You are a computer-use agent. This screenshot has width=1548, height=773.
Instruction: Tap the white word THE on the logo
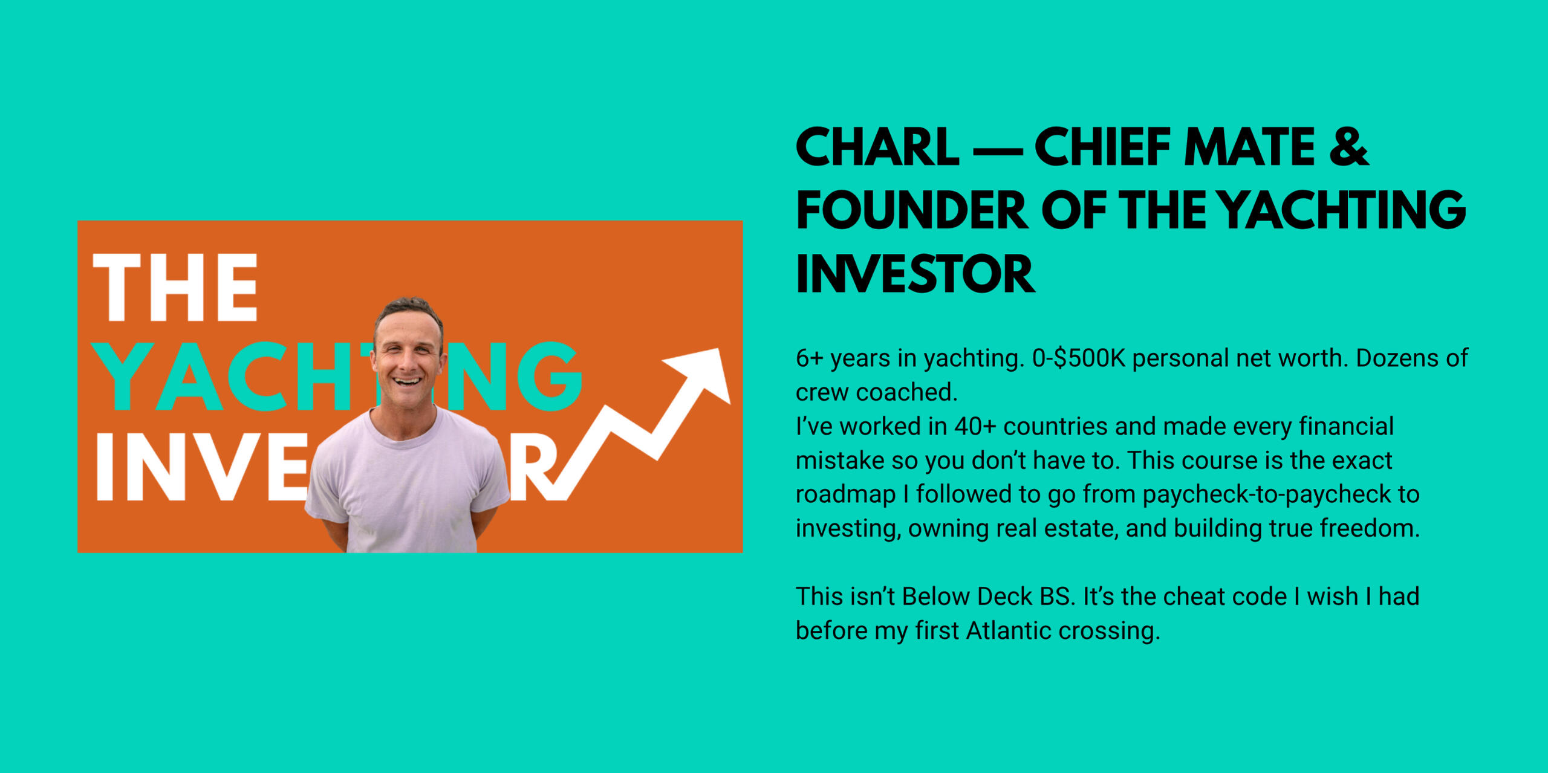(175, 287)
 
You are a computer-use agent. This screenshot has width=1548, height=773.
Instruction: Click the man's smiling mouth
(407, 381)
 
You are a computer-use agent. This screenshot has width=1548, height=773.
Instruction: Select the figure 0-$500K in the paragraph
(1078, 358)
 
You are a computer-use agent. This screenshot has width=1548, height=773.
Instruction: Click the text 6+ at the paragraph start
(810, 358)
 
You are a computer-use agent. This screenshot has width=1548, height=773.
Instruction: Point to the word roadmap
(845, 495)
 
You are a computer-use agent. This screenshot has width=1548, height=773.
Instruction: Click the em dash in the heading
(997, 150)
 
